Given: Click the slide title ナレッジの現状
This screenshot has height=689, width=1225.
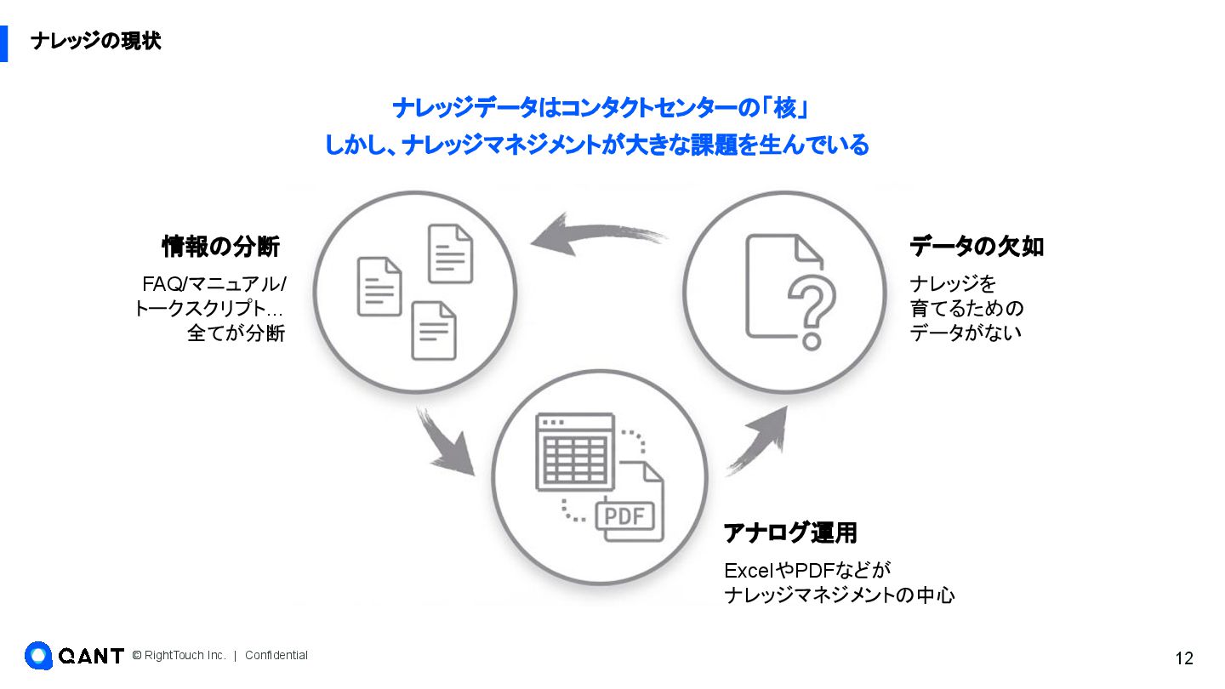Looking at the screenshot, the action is coord(95,41).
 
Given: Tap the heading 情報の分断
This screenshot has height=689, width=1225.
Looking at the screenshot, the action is coord(220,247).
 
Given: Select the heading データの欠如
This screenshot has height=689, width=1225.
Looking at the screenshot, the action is coord(977,247).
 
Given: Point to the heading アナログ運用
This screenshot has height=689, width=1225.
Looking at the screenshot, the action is coord(789,533).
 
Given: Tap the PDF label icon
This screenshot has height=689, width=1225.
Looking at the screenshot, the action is coord(624,515).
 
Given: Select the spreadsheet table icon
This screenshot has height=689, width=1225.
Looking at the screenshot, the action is coord(575,452).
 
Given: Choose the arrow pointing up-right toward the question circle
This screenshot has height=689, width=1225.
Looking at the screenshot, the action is coord(757,441).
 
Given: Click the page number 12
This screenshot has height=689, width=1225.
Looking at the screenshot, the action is coord(1184,658).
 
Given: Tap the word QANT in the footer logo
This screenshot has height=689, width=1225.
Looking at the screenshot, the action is coord(91,656).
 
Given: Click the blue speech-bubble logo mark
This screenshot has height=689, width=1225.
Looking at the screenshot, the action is coord(38,655).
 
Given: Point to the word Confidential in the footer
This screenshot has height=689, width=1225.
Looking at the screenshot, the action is coord(276,655).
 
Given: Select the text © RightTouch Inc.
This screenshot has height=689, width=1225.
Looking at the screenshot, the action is coord(179,655).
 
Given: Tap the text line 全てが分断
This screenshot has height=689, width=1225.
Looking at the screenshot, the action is coord(236,333).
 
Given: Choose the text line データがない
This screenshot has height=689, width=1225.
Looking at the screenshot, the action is coord(966,333).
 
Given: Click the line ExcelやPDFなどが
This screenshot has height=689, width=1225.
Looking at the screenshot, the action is coord(806,570).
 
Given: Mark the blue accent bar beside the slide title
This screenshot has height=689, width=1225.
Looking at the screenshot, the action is coord(3,43).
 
